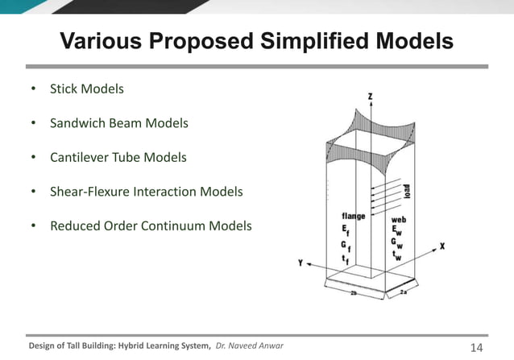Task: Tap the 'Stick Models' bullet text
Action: pyautogui.click(x=87, y=88)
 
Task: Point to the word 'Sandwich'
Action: pyautogui.click(x=77, y=123)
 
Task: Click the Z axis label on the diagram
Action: pyautogui.click(x=370, y=97)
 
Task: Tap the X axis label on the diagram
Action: pyautogui.click(x=441, y=246)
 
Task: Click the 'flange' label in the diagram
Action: pyautogui.click(x=354, y=216)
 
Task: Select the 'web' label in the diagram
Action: pyautogui.click(x=398, y=219)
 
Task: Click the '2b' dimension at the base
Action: pyautogui.click(x=354, y=295)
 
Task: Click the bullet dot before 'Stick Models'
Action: pyautogui.click(x=33, y=88)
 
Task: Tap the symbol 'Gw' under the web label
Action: pyautogui.click(x=398, y=242)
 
